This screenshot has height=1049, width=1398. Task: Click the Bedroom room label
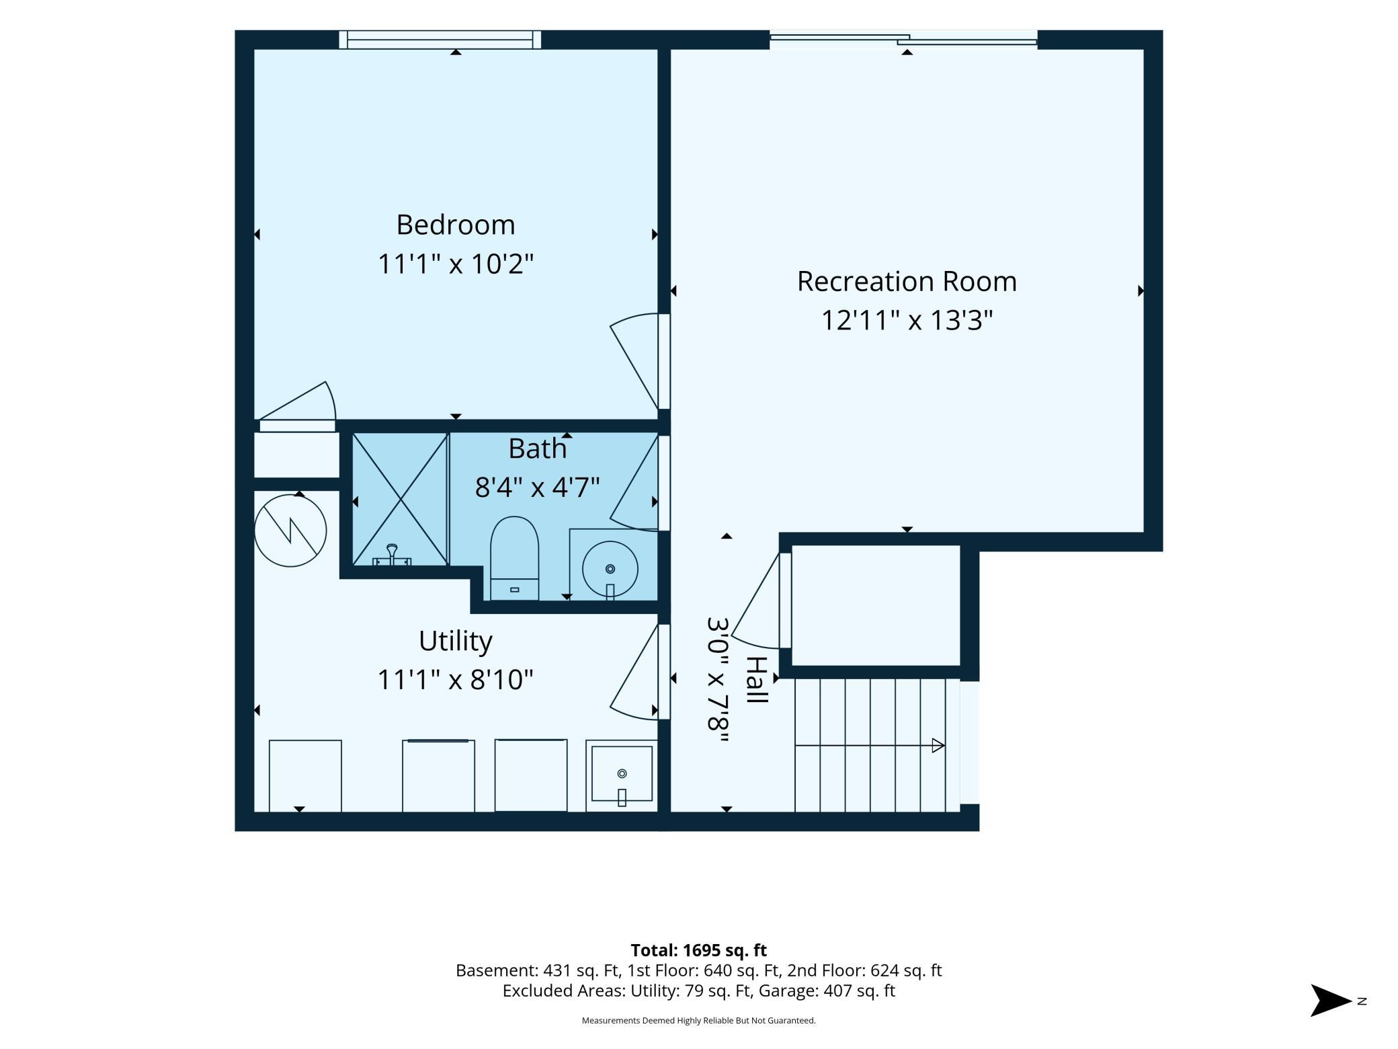tap(455, 225)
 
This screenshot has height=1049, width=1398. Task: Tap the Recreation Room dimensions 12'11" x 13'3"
tap(907, 320)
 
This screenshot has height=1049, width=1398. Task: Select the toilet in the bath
tap(514, 557)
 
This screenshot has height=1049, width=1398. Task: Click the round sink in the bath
tap(610, 569)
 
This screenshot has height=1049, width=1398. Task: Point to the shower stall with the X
tap(401, 499)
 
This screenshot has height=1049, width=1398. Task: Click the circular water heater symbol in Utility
tap(290, 531)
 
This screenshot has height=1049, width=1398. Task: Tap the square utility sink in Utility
tap(622, 775)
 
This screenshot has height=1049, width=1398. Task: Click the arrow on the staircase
tap(870, 745)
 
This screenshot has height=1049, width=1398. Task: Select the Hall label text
tap(757, 680)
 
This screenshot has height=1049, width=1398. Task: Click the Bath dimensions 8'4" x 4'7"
tap(537, 487)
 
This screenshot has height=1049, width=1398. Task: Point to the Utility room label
tap(455, 641)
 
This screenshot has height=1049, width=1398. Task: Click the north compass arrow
tap(1331, 1001)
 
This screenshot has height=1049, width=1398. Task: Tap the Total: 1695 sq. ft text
tap(698, 950)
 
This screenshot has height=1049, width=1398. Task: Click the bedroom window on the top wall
tap(440, 40)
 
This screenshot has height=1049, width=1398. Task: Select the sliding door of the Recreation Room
tap(903, 40)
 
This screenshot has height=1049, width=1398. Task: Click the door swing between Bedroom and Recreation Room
tap(634, 361)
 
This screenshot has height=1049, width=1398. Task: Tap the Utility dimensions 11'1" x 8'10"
tap(455, 680)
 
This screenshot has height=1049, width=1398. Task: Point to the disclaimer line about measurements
tap(698, 1021)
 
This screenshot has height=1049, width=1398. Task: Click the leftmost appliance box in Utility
tap(305, 775)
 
